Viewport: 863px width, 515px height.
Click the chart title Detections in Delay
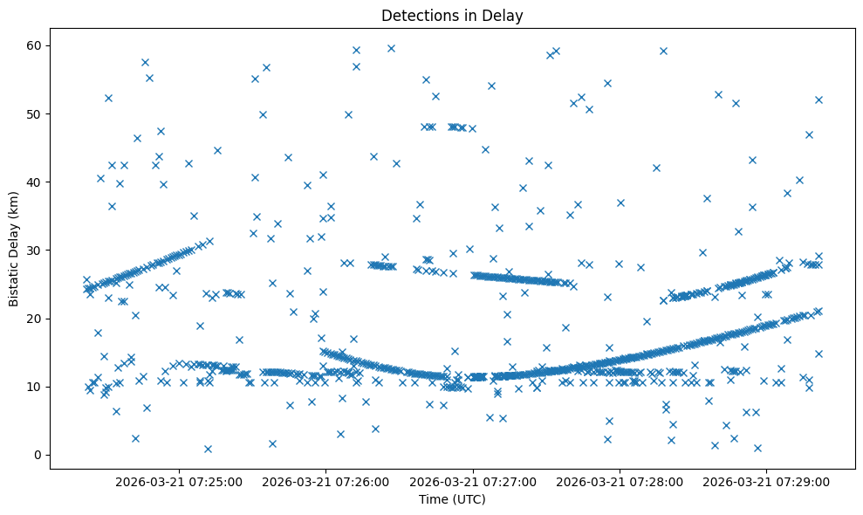452,15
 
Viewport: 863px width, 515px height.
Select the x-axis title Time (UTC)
452,500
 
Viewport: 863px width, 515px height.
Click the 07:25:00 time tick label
179,481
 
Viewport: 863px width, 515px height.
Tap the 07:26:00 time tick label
325,481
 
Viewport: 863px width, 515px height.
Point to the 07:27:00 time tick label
473,481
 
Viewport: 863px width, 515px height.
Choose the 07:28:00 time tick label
620,481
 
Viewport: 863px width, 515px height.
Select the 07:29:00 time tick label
767,481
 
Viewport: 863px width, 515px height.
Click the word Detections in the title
415,15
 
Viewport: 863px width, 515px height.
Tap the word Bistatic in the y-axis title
14,283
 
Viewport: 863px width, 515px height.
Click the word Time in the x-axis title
434,500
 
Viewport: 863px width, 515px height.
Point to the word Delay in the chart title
504,15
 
